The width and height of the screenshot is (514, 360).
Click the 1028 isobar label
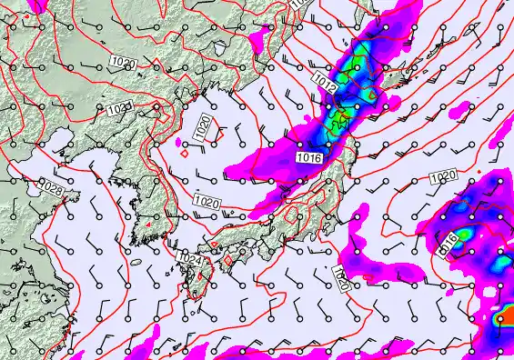(53, 189)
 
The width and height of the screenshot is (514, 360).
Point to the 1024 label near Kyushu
(189, 259)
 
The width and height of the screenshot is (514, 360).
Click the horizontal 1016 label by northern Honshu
(309, 158)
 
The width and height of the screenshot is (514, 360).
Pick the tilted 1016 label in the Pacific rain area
(448, 243)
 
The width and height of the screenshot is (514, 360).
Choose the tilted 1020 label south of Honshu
(341, 278)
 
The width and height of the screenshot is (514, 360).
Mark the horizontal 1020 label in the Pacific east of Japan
(443, 175)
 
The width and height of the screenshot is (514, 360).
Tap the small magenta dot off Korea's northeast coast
(185, 153)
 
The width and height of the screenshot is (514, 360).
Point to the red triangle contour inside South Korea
(146, 224)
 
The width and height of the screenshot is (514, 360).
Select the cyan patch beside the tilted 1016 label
(465, 235)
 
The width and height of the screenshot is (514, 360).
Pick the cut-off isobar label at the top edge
(297, 4)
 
